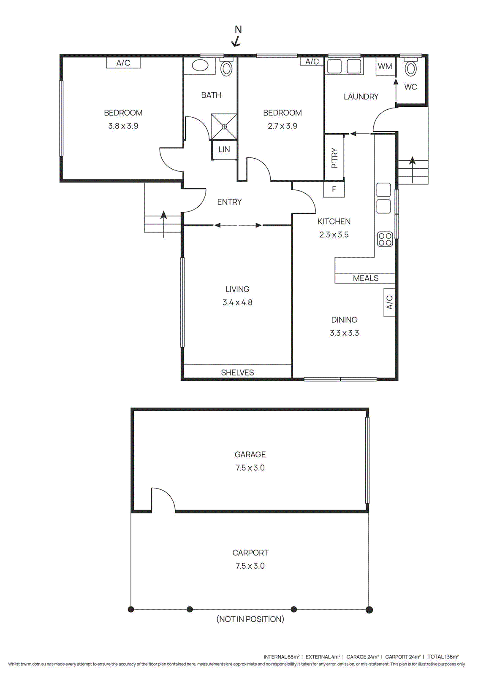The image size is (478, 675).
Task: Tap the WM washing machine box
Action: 385,67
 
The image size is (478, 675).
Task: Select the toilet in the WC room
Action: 410,69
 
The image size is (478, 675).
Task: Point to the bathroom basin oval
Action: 200,65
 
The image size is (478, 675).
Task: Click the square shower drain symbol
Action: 224,127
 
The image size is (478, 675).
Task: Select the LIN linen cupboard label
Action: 224,150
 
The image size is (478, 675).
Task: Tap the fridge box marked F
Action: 334,189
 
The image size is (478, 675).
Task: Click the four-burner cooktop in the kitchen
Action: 385,239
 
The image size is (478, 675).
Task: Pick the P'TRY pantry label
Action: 334,158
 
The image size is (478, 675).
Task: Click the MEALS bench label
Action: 366,278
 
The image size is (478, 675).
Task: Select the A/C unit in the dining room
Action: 389,302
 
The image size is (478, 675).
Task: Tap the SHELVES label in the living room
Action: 237,373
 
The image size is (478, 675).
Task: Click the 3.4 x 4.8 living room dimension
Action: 237,302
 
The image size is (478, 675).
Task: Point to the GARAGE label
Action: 250,454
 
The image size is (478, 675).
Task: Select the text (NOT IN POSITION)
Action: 250,619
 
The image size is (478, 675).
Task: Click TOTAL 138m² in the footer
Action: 443,656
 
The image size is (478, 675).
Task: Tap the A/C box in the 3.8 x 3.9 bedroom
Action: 123,63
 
